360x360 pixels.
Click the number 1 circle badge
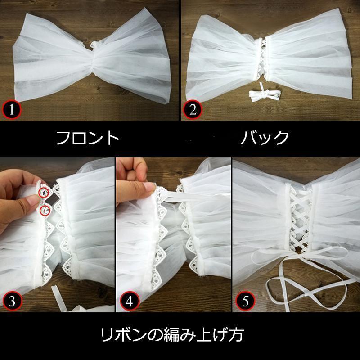tap(12, 110)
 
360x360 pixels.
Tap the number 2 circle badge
tap(193, 109)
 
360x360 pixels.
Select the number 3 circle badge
tap(12, 301)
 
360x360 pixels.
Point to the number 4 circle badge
tap(129, 301)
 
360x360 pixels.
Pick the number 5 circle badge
tap(245, 301)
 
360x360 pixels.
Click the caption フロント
tap(88, 138)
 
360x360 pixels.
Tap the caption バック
tap(265, 137)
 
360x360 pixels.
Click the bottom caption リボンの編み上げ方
tap(172, 335)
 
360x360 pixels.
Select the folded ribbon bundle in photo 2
tap(265, 94)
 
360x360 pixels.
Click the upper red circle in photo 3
tap(44, 193)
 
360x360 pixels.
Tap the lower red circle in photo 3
tap(45, 211)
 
